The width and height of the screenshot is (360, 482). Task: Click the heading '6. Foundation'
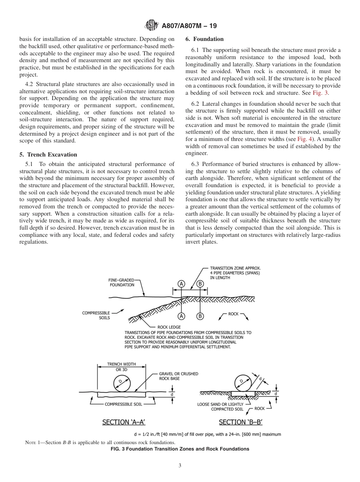coord(205,39)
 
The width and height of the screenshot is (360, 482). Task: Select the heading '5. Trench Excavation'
coord(48,155)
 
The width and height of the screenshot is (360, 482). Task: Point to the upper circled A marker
coord(182,284)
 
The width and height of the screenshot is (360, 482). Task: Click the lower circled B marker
coord(200,316)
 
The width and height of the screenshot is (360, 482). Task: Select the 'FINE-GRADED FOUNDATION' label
coord(122,282)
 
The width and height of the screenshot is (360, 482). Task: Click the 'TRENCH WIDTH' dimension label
coord(121,367)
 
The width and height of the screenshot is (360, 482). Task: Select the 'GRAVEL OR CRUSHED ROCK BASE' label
coord(178,376)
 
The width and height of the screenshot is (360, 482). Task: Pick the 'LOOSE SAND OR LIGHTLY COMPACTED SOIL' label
coord(221,407)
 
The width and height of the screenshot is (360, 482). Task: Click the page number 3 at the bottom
coord(180,466)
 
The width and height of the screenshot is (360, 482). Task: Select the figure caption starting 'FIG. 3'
coord(180,449)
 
